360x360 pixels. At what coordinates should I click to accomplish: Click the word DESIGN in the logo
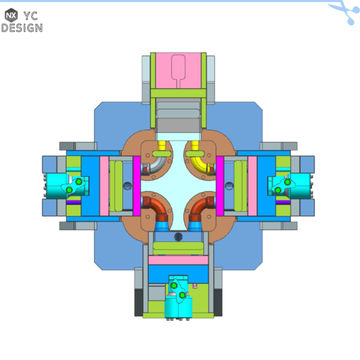[x=22, y=27]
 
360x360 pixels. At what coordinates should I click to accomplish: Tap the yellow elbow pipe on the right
[x=199, y=158]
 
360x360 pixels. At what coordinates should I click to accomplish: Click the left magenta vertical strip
[x=137, y=184]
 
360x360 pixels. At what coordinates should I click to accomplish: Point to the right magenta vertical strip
[x=220, y=184]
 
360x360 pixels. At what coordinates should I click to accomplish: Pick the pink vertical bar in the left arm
[x=104, y=186]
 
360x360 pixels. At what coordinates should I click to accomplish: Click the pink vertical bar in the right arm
[x=253, y=186]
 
